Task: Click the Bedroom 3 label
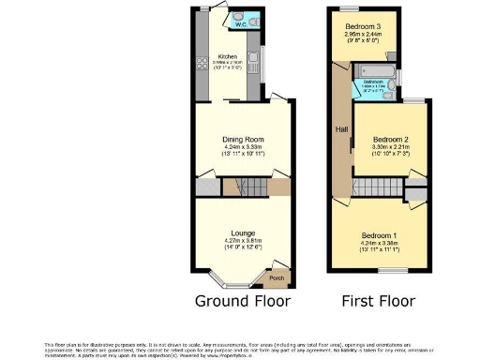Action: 362,25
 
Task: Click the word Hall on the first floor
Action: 335,129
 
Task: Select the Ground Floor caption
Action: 243,302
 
